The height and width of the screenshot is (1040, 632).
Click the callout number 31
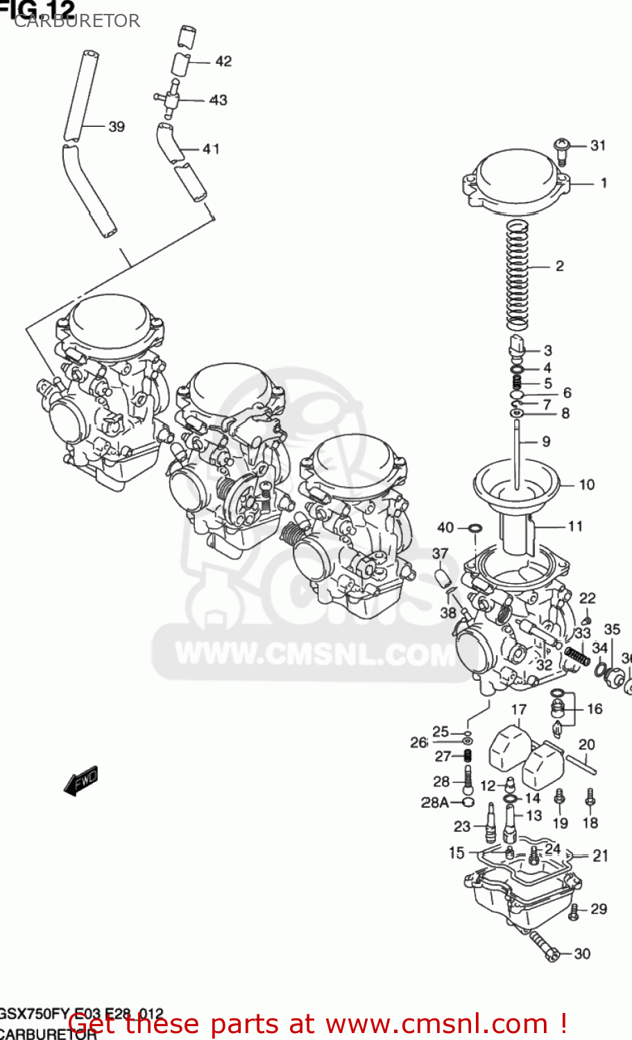point(598,145)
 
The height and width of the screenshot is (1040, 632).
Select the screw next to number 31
point(562,150)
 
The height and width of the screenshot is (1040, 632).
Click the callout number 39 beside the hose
point(117,126)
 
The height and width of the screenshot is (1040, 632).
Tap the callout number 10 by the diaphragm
point(587,485)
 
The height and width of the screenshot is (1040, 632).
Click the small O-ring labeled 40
point(475,530)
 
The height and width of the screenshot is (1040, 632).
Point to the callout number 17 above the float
point(519,709)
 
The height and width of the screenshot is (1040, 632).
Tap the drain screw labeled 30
point(545,946)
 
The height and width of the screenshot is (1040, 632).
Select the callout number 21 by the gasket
point(601,856)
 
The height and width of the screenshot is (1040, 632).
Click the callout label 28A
point(435,802)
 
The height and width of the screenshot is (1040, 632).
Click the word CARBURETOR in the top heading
point(77,21)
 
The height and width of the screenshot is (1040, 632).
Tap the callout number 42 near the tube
point(223,61)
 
